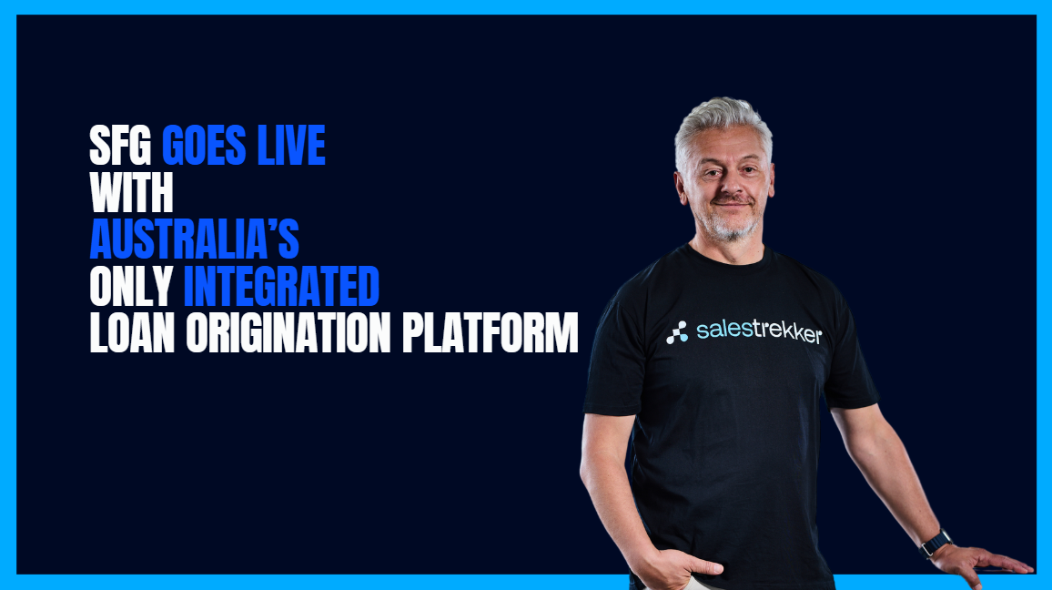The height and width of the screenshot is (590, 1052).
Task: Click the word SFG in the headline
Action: click(122, 147)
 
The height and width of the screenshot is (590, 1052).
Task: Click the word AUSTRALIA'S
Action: click(194, 239)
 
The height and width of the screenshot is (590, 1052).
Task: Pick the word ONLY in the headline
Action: click(131, 287)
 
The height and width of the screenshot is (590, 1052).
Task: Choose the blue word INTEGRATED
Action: click(281, 287)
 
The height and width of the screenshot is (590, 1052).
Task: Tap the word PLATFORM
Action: click(491, 333)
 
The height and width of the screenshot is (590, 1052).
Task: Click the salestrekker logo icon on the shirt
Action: click(677, 333)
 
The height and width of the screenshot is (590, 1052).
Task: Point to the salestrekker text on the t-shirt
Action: click(759, 331)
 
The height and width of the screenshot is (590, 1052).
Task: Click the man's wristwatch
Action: click(936, 543)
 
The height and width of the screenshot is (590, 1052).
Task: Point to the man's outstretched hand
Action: click(992, 560)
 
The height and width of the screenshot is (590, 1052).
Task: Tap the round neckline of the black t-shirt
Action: click(728, 257)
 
